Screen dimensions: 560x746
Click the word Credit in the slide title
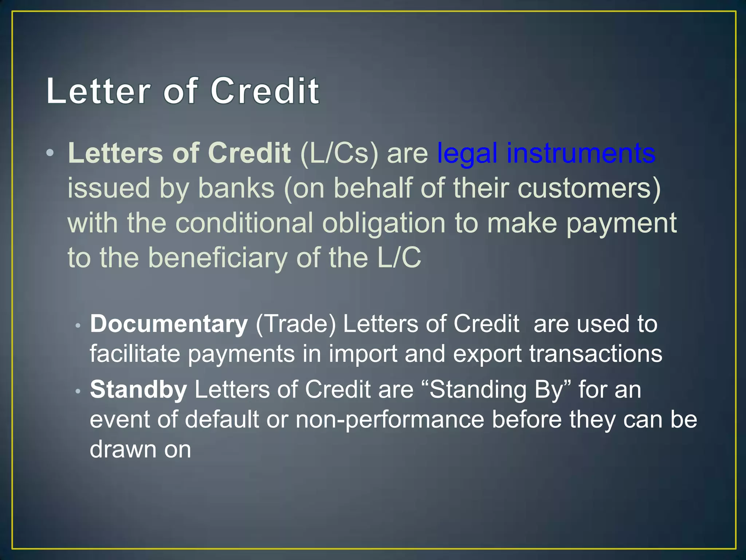(x=265, y=91)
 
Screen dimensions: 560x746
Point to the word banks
(x=236, y=188)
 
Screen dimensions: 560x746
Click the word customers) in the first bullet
(x=589, y=188)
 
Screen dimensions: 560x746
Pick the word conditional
(x=244, y=223)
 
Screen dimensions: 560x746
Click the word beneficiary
(x=218, y=258)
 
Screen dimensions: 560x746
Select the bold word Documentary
(x=169, y=324)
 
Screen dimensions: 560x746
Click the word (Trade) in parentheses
(x=295, y=324)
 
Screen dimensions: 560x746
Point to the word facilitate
(x=135, y=354)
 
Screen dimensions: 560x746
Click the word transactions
(x=596, y=354)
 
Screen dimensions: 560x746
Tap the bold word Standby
(x=138, y=390)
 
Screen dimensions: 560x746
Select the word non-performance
(x=390, y=420)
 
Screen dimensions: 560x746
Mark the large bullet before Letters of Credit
(x=50, y=153)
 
